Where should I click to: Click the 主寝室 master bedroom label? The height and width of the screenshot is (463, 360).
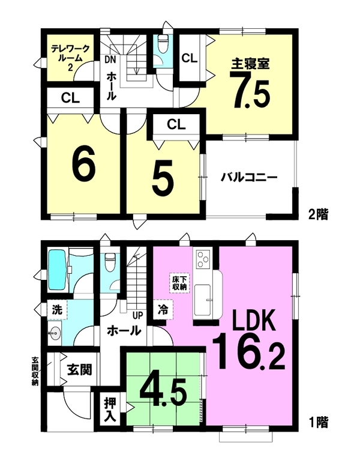pyautogui.click(x=250, y=63)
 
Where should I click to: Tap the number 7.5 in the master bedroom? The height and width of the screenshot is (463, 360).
pyautogui.click(x=252, y=90)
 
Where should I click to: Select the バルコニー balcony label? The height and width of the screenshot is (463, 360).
pyautogui.click(x=250, y=178)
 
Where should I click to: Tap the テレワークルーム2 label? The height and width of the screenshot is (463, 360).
pyautogui.click(x=70, y=58)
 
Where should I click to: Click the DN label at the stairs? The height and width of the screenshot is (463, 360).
pyautogui.click(x=110, y=59)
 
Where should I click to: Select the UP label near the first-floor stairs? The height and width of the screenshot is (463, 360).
pyautogui.click(x=137, y=316)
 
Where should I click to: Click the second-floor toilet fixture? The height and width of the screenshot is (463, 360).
pyautogui.click(x=163, y=43)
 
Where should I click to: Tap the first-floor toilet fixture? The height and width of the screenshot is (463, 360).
pyautogui.click(x=110, y=262)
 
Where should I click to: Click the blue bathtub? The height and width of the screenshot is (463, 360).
pyautogui.click(x=58, y=270)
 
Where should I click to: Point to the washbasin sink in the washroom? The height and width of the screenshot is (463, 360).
pyautogui.click(x=55, y=333)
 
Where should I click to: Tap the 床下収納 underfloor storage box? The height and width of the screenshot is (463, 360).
pyautogui.click(x=179, y=283)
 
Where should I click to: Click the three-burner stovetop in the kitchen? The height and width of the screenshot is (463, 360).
pyautogui.click(x=202, y=258)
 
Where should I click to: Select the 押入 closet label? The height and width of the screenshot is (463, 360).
pyautogui.click(x=110, y=410)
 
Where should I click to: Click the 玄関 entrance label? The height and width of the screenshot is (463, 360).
pyautogui.click(x=79, y=369)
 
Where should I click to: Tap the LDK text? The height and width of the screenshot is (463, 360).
pyautogui.click(x=254, y=320)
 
